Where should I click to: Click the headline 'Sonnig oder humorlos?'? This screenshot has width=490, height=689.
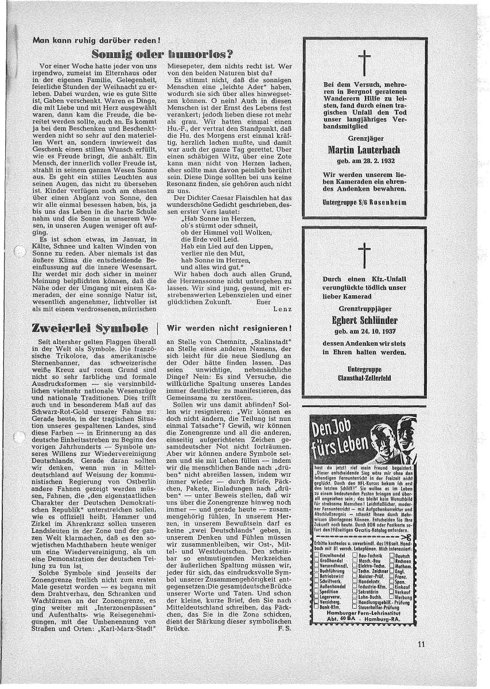pos(164,55)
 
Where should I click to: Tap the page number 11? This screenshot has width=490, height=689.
pos(422,643)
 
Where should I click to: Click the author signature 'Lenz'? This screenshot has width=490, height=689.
pos(283,308)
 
